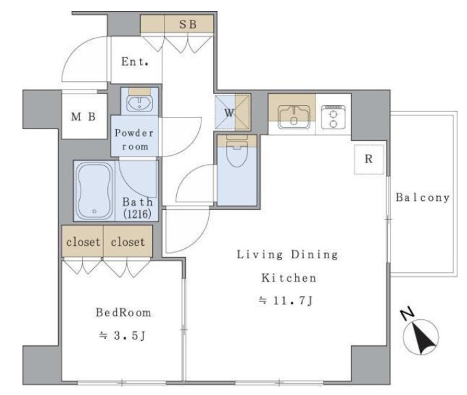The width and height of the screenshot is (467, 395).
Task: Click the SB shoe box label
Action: (x=188, y=24)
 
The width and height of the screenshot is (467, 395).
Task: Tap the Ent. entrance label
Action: (x=135, y=62)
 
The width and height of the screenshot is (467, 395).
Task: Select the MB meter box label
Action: (x=83, y=117)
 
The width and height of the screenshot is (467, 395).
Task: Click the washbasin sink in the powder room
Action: (x=140, y=103)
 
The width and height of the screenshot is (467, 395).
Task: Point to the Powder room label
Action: (x=135, y=139)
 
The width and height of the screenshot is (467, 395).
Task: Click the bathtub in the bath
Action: (x=94, y=191)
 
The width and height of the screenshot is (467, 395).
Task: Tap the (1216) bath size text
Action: (x=137, y=214)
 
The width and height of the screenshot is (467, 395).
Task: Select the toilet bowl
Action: (x=237, y=151)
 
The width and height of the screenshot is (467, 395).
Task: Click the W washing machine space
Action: (x=233, y=112)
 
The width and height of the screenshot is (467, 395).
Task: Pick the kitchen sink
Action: (x=294, y=117)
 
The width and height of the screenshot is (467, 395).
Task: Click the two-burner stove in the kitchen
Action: (x=333, y=117)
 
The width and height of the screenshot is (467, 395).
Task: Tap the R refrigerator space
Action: (x=369, y=159)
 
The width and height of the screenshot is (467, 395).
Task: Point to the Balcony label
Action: (x=423, y=197)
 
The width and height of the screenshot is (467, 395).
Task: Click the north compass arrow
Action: (x=421, y=338)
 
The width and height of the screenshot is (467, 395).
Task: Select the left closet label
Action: (x=83, y=242)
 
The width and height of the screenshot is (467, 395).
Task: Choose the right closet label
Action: (x=128, y=242)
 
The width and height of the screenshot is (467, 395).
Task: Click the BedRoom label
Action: (x=124, y=312)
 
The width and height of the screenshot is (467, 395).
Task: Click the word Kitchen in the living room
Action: (x=289, y=278)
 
